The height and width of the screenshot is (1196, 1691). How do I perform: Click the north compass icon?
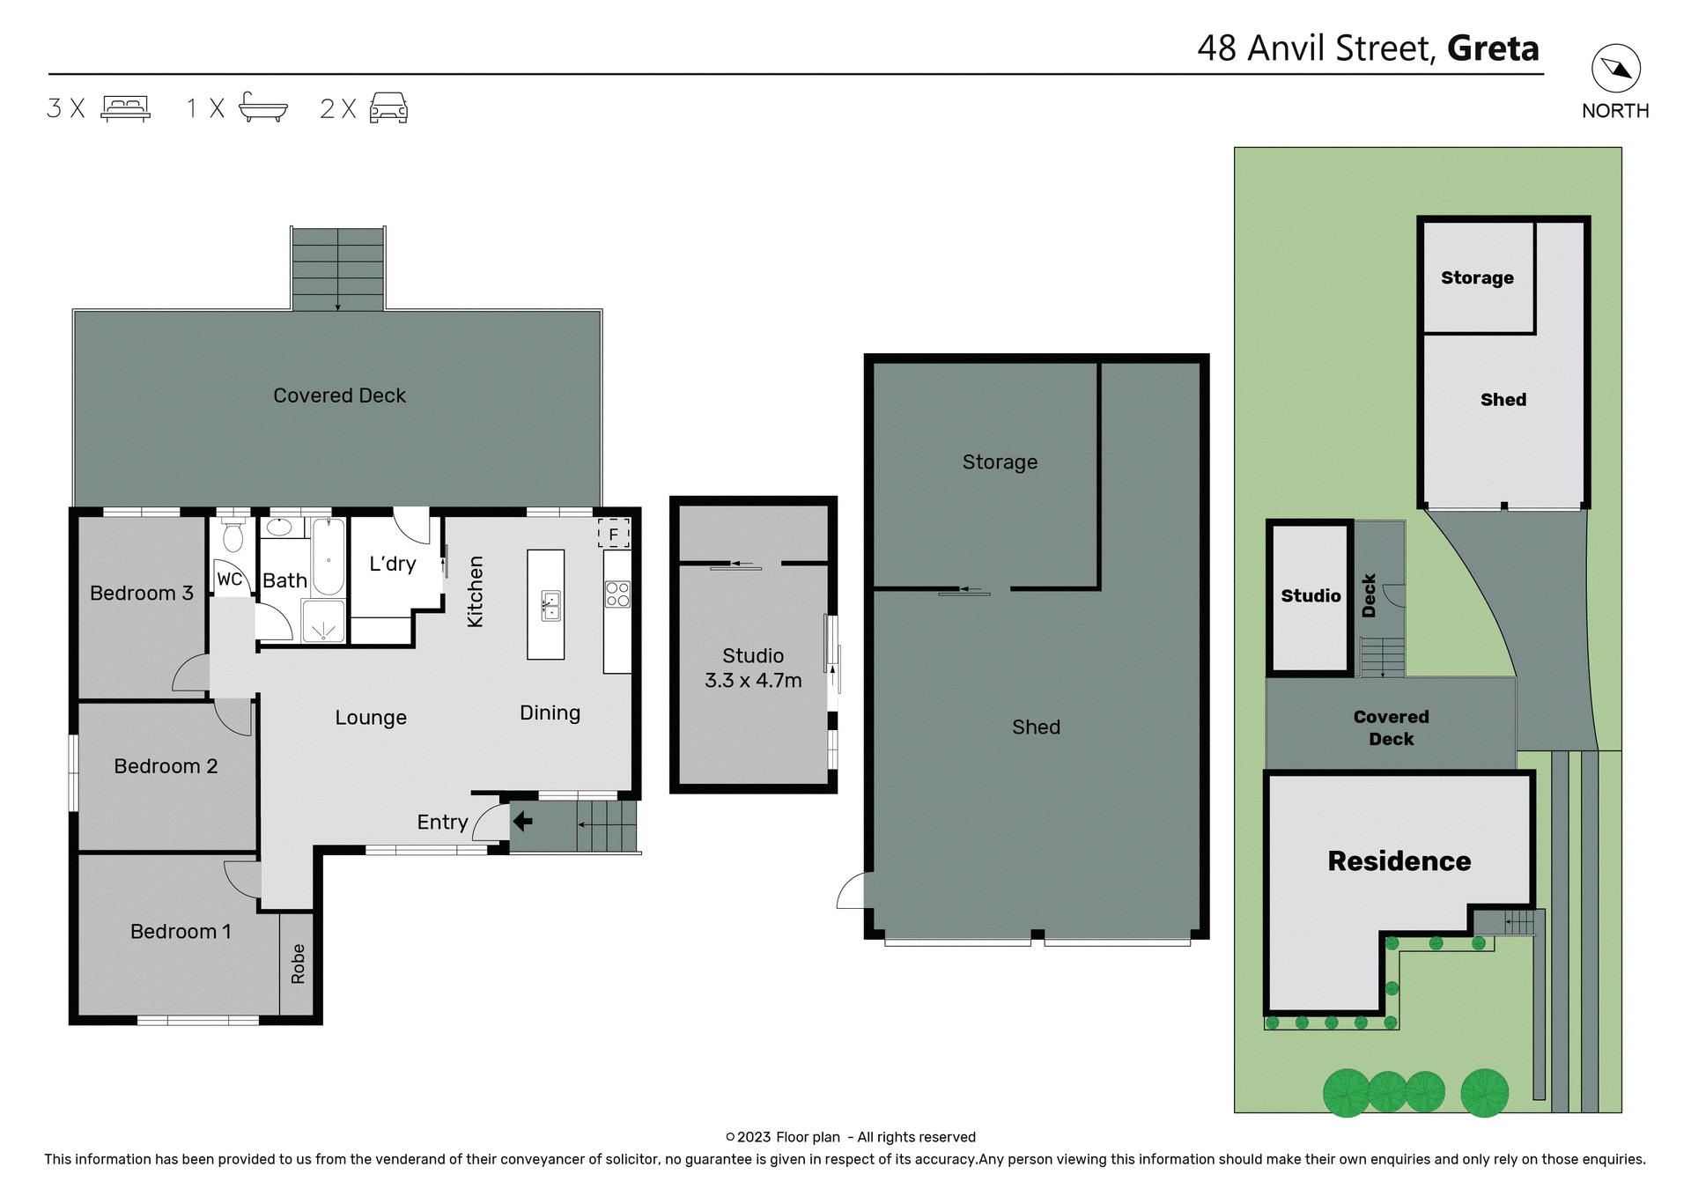click(1615, 69)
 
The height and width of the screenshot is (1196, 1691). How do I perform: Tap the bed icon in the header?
click(125, 108)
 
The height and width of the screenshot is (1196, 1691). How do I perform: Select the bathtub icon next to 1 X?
click(262, 107)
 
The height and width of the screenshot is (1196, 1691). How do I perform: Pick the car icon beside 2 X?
click(388, 107)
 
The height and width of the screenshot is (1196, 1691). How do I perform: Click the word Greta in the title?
click(1493, 48)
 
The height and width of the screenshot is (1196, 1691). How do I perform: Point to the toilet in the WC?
click(233, 536)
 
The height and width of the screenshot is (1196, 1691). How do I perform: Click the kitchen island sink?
click(550, 606)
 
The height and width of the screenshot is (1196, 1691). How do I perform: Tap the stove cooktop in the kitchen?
click(617, 594)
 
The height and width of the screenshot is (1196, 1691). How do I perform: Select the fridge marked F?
click(614, 534)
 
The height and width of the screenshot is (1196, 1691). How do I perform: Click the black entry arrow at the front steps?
click(522, 822)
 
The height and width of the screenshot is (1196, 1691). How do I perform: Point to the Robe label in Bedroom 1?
click(298, 963)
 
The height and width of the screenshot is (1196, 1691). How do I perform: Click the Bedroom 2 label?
click(166, 766)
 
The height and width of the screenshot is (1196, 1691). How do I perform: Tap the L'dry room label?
click(392, 564)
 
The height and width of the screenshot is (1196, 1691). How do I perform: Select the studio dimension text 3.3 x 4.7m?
click(753, 681)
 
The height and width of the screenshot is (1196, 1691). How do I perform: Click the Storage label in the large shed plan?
click(1000, 462)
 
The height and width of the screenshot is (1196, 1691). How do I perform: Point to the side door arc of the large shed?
click(852, 891)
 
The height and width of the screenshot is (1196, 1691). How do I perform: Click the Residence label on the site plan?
click(1399, 860)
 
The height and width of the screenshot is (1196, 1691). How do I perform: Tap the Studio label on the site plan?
click(1311, 596)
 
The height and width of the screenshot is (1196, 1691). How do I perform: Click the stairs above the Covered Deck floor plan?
click(337, 269)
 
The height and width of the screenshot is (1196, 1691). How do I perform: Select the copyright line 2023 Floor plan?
click(851, 1137)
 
